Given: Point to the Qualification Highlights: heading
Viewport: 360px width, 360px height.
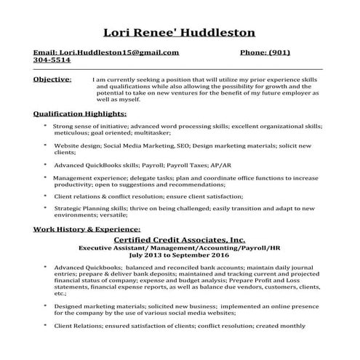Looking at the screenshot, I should click(80, 113).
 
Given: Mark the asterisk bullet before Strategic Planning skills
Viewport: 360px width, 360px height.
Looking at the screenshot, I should click(46, 209).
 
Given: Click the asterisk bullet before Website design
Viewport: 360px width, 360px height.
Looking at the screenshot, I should click(46, 145).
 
